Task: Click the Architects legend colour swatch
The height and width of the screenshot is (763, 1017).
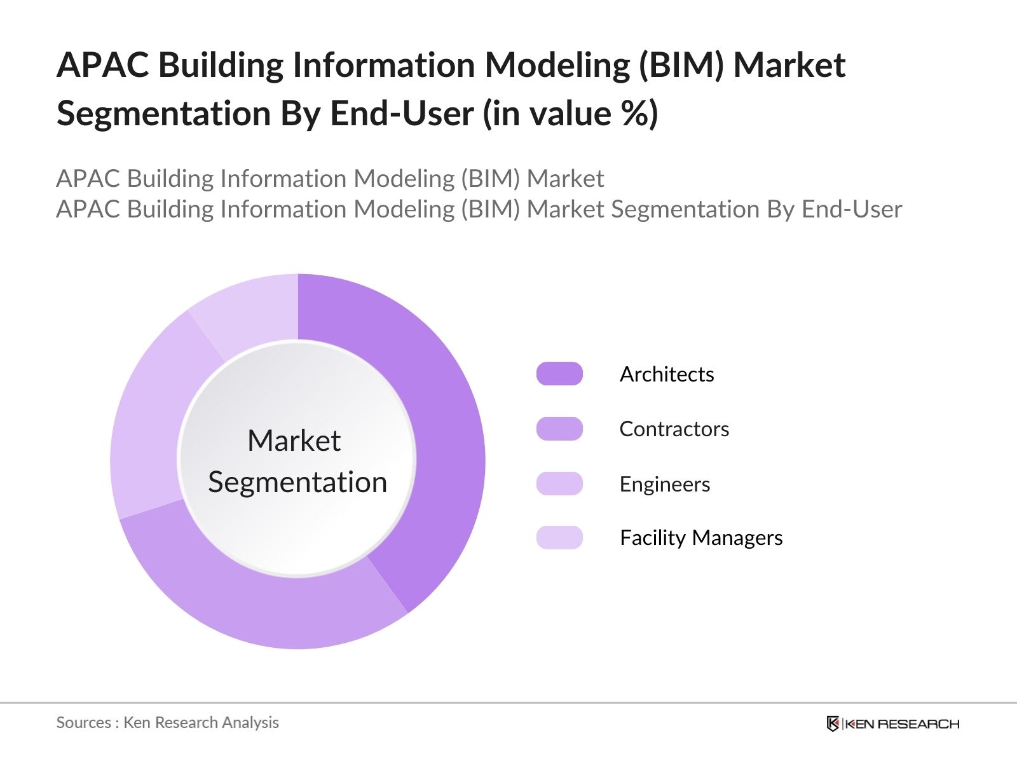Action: pyautogui.click(x=559, y=374)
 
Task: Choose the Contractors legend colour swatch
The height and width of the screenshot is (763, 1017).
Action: pyautogui.click(x=559, y=429)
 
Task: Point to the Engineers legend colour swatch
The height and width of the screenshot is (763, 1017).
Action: pyautogui.click(x=559, y=484)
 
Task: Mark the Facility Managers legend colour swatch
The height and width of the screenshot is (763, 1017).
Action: pyautogui.click(x=559, y=538)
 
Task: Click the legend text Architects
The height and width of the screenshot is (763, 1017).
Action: pyautogui.click(x=667, y=374)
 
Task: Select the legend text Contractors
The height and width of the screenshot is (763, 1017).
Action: pyautogui.click(x=674, y=429)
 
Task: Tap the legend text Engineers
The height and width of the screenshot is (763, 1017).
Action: pyautogui.click(x=664, y=485)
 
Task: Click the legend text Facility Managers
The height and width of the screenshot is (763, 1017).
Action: pyautogui.click(x=700, y=538)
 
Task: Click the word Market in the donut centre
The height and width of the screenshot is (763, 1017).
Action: pyautogui.click(x=294, y=441)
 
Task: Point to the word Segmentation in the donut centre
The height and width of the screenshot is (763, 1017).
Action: pyautogui.click(x=297, y=482)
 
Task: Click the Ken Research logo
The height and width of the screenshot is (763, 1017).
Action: pyautogui.click(x=892, y=724)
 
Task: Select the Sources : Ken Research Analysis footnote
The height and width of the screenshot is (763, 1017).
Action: pyautogui.click(x=167, y=722)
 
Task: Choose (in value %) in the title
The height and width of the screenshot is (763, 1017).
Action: pyautogui.click(x=570, y=114)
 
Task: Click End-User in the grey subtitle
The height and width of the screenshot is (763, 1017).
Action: pyautogui.click(x=852, y=209)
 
